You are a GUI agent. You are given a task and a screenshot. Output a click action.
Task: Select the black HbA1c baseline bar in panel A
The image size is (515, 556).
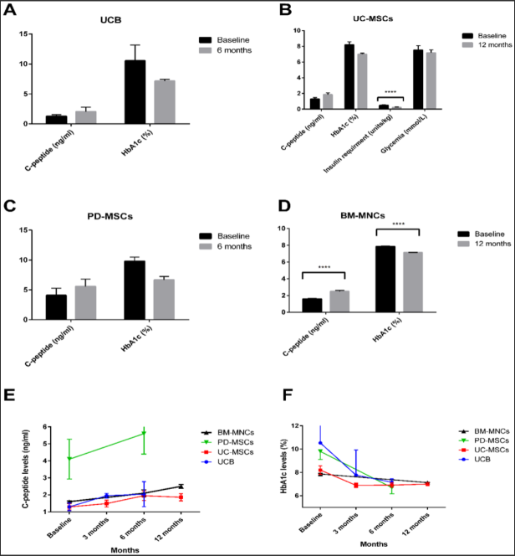pyautogui.click(x=135, y=92)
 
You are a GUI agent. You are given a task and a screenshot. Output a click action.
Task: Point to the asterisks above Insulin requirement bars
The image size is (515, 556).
pyautogui.click(x=390, y=92)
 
